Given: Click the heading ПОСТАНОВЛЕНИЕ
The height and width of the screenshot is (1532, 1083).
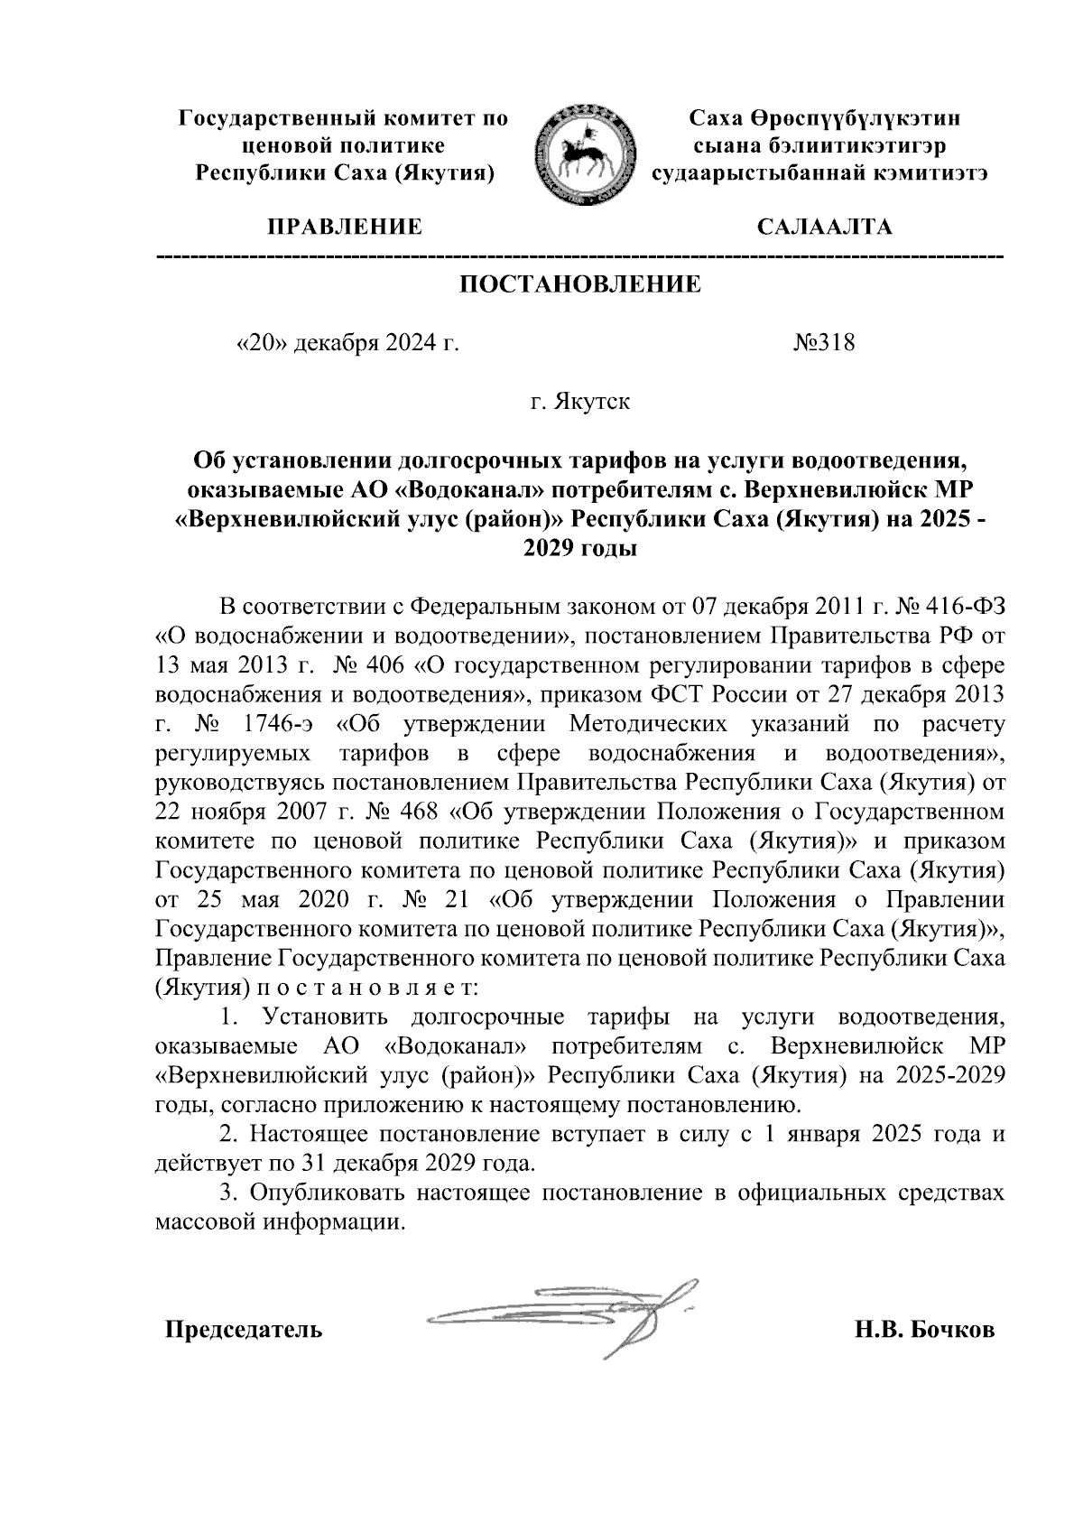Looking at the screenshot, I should coord(580,285).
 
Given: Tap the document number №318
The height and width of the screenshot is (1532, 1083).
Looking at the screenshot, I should coord(823,344).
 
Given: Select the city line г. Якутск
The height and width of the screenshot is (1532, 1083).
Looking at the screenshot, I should coord(580,402).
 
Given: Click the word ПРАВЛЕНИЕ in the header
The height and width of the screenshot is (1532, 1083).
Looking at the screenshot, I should coord(343,227).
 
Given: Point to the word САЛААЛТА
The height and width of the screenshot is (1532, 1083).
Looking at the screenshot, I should coord(823,227).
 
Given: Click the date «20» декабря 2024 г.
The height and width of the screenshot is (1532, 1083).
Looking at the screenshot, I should coord(347,344).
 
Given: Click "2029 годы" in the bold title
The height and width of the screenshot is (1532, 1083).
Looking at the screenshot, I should coord(580,550).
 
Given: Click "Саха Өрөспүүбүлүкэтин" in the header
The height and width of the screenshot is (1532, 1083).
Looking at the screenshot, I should coord(823,118).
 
